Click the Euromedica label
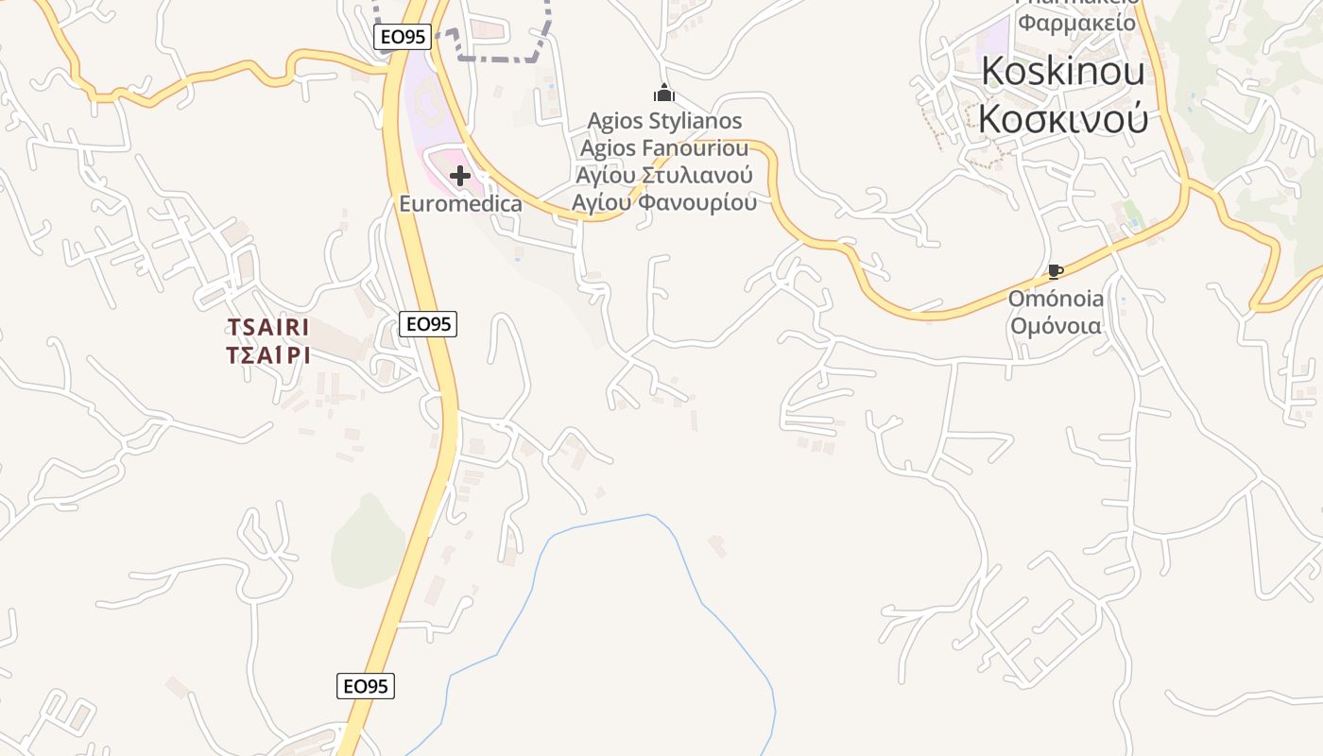point(460,204)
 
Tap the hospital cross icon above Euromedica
point(460,176)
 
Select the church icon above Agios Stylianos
point(664,93)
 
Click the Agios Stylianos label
point(664,121)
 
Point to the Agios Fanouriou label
point(664,148)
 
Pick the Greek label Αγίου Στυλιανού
point(664,176)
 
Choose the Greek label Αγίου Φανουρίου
point(664,203)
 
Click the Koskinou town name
point(1063,71)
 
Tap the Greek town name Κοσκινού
point(1063,119)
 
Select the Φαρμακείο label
point(1076,21)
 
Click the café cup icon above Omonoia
point(1056,272)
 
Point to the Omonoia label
point(1056,299)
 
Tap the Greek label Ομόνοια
point(1056,326)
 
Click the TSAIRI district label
point(268,327)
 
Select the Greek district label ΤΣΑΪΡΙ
point(268,355)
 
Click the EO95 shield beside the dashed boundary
point(403,37)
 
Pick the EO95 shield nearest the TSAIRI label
point(428,324)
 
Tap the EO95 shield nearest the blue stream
point(366,686)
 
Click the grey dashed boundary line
point(501,59)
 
